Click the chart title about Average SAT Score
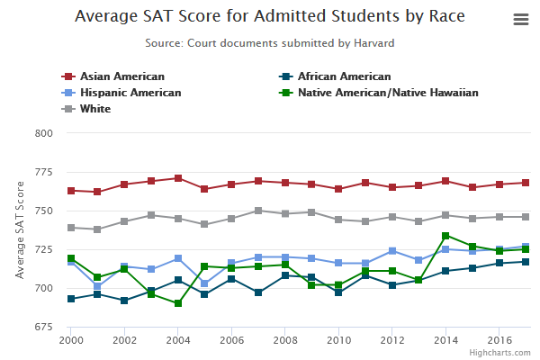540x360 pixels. tap(270, 16)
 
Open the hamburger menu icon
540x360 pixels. tap(520, 19)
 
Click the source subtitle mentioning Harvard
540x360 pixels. tap(270, 42)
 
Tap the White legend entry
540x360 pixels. tap(94, 109)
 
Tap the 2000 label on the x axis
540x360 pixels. tap(71, 342)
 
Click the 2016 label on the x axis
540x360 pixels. tap(498, 342)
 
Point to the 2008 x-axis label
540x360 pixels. tap(284, 342)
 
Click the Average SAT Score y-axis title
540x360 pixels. tap(20, 229)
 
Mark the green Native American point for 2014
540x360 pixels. tap(445, 236)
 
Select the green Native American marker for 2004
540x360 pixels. tap(178, 303)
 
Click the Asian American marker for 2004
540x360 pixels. tap(178, 178)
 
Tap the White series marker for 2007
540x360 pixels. tap(258, 211)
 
